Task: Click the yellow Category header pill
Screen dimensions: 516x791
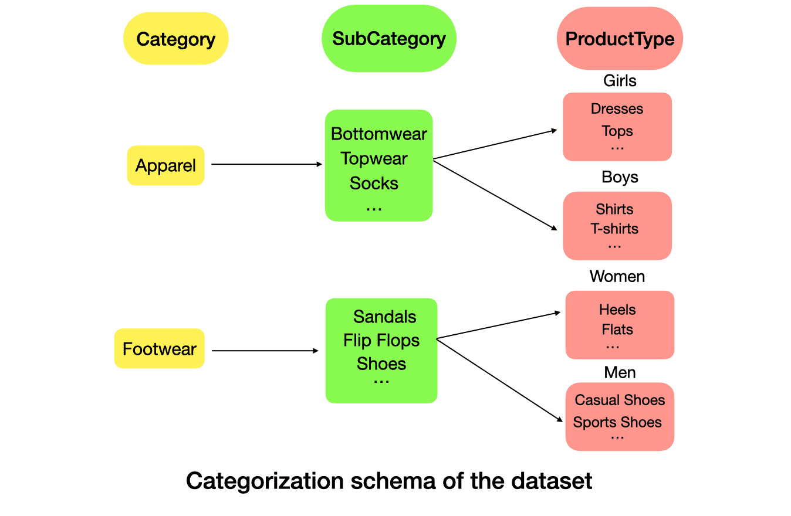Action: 175,39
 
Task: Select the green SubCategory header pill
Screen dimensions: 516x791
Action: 388,39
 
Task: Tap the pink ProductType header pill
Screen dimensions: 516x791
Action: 620,39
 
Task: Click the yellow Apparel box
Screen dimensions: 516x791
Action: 165,165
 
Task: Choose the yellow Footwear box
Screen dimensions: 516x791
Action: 159,349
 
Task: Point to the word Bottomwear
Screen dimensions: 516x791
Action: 379,134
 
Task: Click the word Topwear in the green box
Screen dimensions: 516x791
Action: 374,158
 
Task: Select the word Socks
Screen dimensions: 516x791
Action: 374,183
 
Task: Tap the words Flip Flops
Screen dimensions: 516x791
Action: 381,340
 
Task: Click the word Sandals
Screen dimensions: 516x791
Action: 384,317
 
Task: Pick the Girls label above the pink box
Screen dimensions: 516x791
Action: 620,80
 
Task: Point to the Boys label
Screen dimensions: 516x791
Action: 620,177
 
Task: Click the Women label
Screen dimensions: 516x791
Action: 617,276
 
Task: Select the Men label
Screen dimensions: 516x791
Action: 620,372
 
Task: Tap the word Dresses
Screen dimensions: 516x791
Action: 617,109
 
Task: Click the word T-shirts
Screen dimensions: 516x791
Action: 614,229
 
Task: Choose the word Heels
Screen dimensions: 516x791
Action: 617,310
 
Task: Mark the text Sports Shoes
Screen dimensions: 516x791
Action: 617,422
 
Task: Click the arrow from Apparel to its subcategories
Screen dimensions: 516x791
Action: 266,164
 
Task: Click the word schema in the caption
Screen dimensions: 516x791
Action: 388,481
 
